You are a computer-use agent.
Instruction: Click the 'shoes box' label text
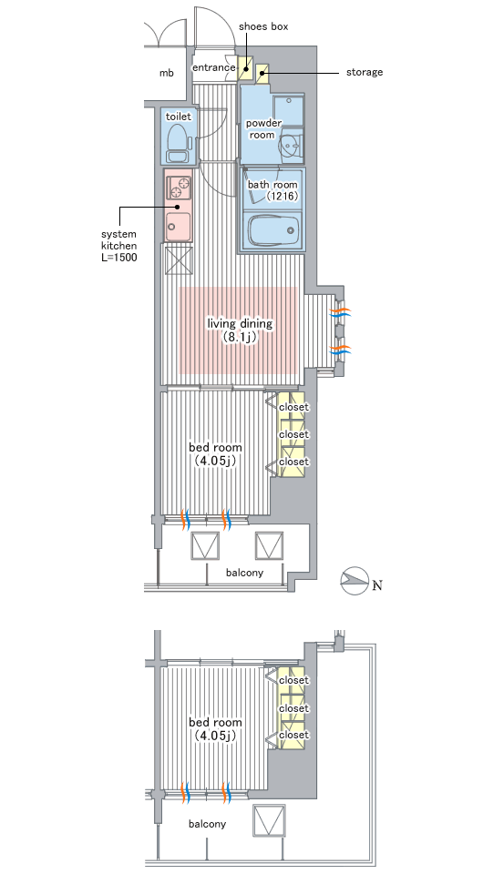tap(263, 26)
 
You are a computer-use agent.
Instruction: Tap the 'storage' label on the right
tap(365, 72)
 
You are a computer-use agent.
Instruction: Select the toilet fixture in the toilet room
tap(179, 143)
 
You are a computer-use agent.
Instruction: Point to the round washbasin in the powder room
tap(291, 146)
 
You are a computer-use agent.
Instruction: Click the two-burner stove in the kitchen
tap(179, 188)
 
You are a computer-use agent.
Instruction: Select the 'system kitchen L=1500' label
tap(118, 246)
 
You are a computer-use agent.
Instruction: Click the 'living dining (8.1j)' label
tap(240, 330)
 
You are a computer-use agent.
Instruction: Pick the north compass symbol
tap(355, 582)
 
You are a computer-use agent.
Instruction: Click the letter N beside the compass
tap(377, 585)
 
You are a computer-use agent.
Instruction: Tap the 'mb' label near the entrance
tap(166, 73)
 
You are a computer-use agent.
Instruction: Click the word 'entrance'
tap(213, 67)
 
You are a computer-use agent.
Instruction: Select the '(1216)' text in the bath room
tap(283, 196)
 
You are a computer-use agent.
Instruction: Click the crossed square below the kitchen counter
tap(179, 261)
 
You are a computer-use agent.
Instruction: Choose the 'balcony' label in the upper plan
tap(244, 573)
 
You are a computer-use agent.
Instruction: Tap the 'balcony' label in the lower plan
tap(207, 824)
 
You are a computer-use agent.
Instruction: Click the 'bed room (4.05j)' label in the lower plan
tap(215, 728)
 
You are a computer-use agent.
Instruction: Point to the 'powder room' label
tap(263, 128)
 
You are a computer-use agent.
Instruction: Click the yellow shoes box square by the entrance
tap(246, 68)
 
